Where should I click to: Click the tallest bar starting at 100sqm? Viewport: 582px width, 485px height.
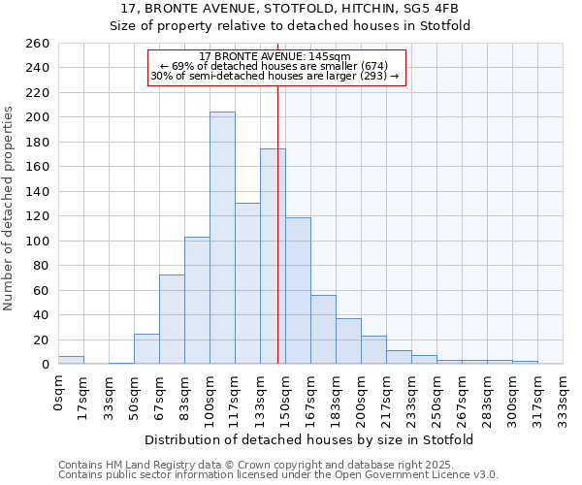point(222,238)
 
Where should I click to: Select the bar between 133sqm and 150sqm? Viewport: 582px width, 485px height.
point(273,256)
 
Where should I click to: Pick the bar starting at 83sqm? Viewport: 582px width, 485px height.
point(197,300)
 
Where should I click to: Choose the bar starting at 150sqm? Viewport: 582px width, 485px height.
point(298,290)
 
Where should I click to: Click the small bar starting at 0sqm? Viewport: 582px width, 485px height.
point(71,360)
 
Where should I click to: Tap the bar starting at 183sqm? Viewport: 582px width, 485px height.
point(348,340)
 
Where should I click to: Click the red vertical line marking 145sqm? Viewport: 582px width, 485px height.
point(278,194)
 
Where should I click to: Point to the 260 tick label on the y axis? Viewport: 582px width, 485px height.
point(38,44)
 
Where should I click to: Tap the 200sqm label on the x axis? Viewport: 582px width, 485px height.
point(362,396)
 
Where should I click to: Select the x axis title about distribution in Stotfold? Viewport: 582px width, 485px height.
point(310,439)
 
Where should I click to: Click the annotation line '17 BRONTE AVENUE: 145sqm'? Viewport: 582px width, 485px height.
point(275,56)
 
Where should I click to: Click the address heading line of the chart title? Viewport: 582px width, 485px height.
point(290,9)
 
